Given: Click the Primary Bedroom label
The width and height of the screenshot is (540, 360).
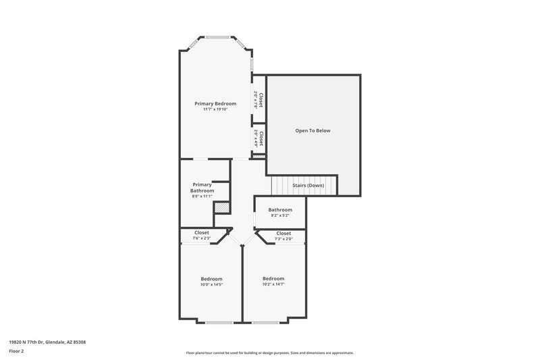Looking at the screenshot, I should point(215,103).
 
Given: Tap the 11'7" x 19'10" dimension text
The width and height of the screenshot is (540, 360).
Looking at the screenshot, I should point(215,109).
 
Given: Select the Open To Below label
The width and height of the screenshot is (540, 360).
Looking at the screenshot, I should point(313,130).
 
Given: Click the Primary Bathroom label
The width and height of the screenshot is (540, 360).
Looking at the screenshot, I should point(202,187).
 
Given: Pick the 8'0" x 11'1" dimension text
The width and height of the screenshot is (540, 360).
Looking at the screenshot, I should point(202,196).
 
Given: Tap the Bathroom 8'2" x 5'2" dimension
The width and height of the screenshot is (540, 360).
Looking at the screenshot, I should point(279,215).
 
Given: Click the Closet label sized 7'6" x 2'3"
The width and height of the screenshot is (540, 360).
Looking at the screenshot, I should point(202,232).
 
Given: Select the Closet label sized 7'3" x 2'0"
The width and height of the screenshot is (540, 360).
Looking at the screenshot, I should point(283,233).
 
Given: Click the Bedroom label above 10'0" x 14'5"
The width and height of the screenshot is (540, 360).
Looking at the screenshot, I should point(211,279).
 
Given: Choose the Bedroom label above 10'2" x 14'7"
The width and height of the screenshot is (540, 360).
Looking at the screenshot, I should point(273,279).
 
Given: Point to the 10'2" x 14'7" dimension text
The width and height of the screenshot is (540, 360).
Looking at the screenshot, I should point(273,285).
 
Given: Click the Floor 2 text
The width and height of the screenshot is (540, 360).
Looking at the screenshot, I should point(16,352).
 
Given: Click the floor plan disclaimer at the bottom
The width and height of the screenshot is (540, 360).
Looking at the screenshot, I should point(269,353).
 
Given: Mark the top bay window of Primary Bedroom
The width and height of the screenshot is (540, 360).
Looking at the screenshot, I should point(217,36).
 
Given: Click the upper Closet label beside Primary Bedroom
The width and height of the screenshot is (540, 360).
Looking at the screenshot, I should point(257,100).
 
